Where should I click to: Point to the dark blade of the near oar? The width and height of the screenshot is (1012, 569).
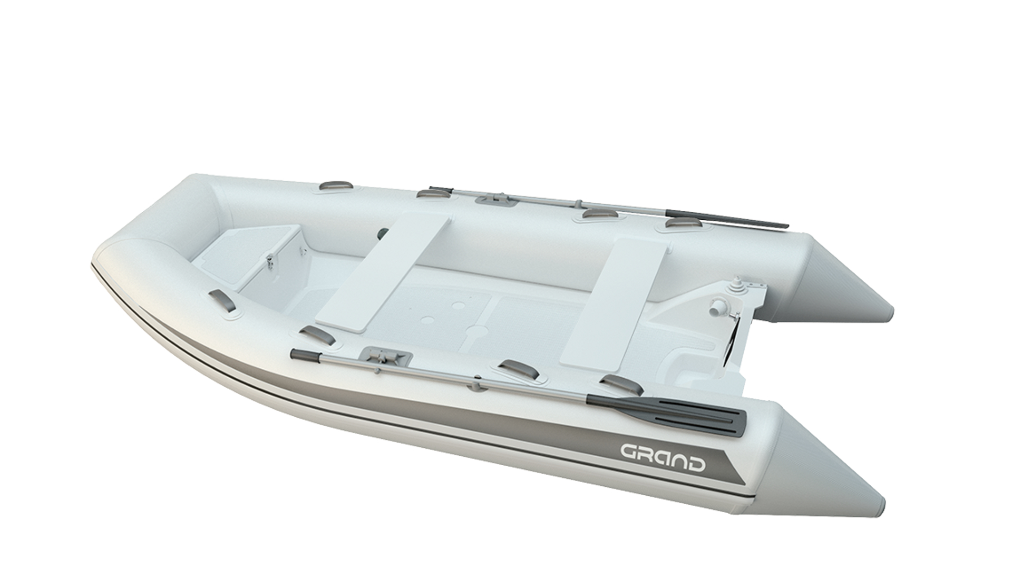666,408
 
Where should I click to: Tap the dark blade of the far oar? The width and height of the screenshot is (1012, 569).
728,218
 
